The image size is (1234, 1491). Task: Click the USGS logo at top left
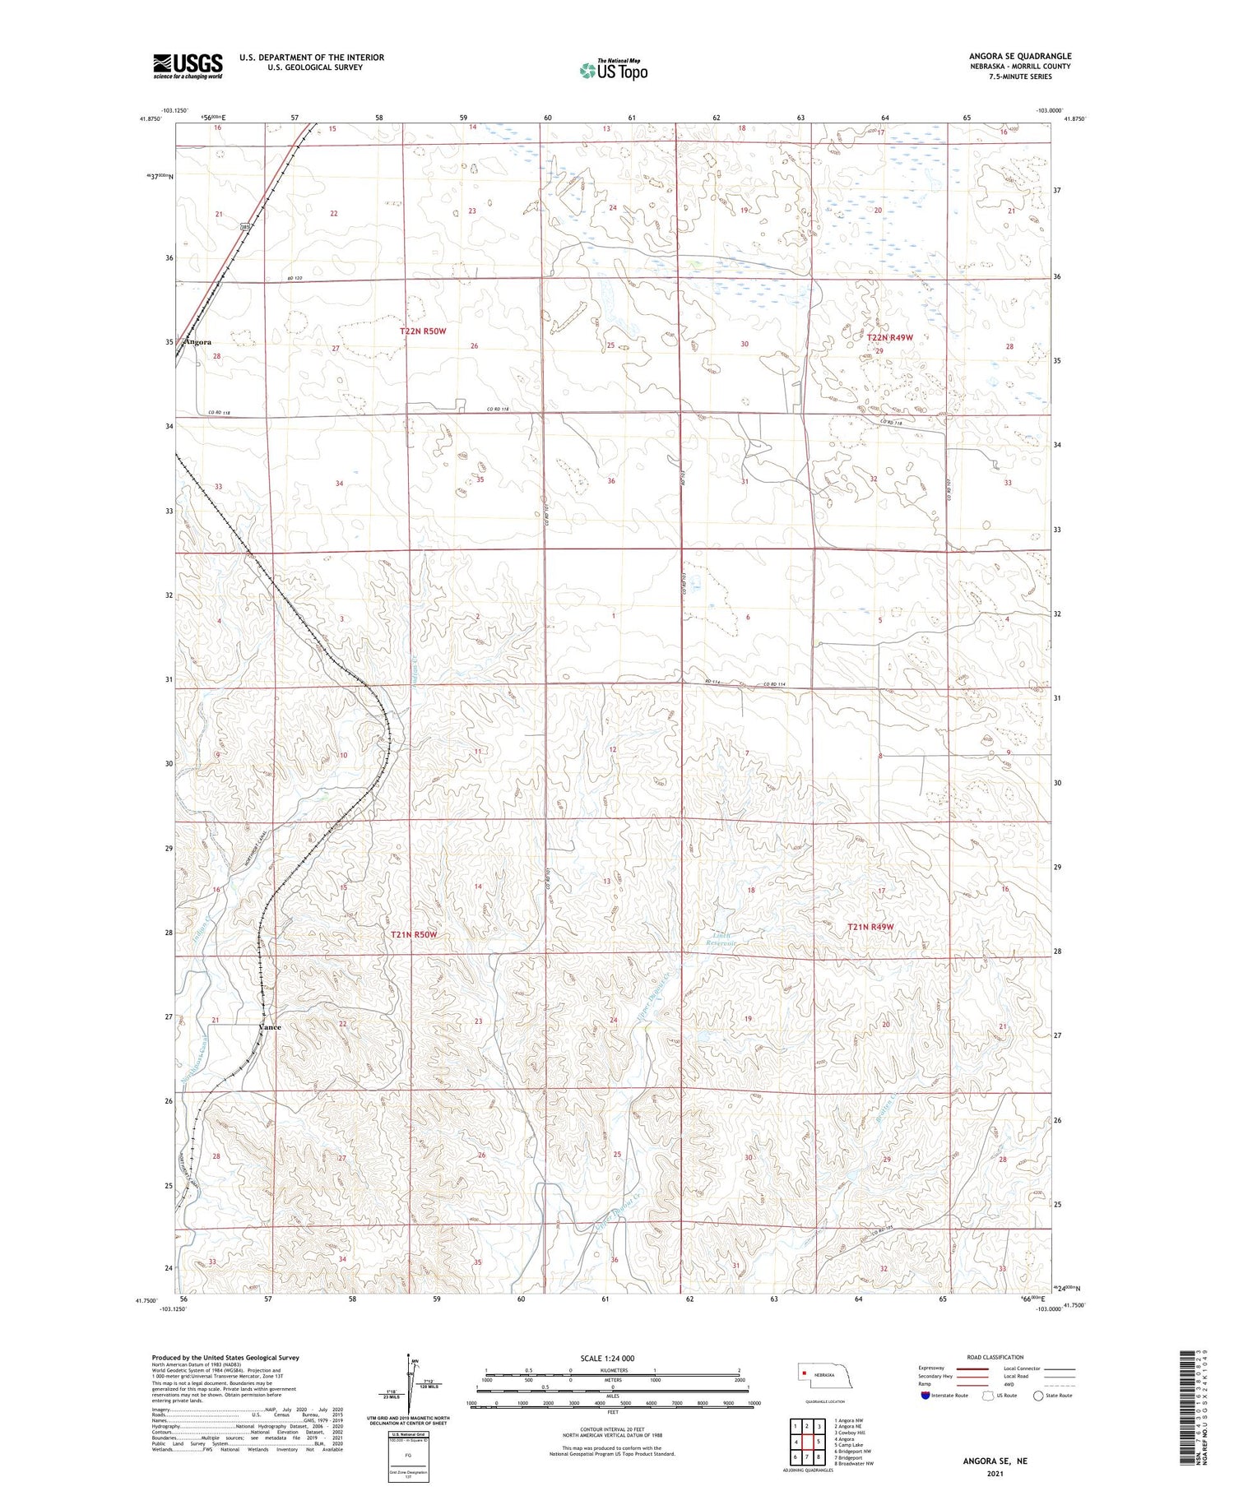188,66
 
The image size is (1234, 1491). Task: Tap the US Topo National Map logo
613,70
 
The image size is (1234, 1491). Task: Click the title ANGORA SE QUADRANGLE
1019,56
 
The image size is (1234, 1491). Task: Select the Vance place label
270,1027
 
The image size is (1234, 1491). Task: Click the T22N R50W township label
423,331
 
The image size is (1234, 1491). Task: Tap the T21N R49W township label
870,927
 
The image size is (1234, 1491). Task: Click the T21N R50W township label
413,935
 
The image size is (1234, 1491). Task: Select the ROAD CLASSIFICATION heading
995,1357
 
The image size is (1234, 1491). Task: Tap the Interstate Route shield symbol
925,1396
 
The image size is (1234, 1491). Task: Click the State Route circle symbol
1038,1396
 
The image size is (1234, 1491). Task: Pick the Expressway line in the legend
971,1368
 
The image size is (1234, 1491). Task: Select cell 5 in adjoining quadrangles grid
819,1442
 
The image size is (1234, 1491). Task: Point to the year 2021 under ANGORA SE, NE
995,1474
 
